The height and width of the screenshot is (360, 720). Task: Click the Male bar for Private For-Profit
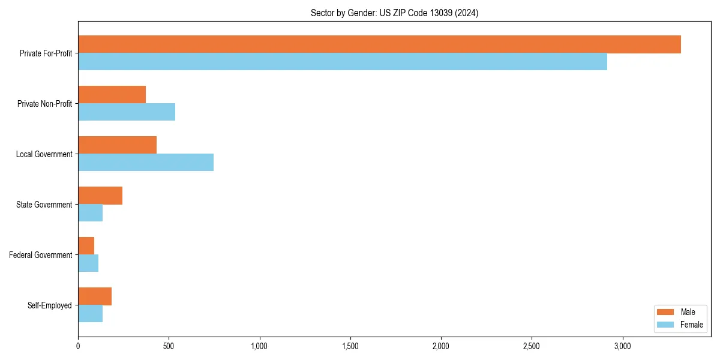(379, 44)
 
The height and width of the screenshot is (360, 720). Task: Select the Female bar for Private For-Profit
(343, 62)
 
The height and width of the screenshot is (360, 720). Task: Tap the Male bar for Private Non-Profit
(112, 95)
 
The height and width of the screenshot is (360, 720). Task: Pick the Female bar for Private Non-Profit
(127, 112)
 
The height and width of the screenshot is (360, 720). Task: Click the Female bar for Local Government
(146, 163)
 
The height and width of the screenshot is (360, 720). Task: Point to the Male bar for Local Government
(118, 145)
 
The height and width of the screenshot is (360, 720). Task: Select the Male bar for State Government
(100, 196)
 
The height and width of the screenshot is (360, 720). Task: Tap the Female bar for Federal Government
(88, 263)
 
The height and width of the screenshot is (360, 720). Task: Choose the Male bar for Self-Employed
(95, 296)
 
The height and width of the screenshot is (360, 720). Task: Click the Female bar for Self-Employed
(91, 314)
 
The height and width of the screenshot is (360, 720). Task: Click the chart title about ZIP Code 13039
(394, 13)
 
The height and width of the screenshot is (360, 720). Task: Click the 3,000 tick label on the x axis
(622, 346)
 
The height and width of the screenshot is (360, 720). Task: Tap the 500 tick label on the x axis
(169, 346)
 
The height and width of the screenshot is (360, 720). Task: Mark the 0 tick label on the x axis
(78, 346)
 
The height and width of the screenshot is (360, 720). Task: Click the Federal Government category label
(41, 255)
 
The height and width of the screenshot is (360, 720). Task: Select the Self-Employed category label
(50, 305)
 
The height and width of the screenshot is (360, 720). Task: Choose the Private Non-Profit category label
(44, 104)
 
